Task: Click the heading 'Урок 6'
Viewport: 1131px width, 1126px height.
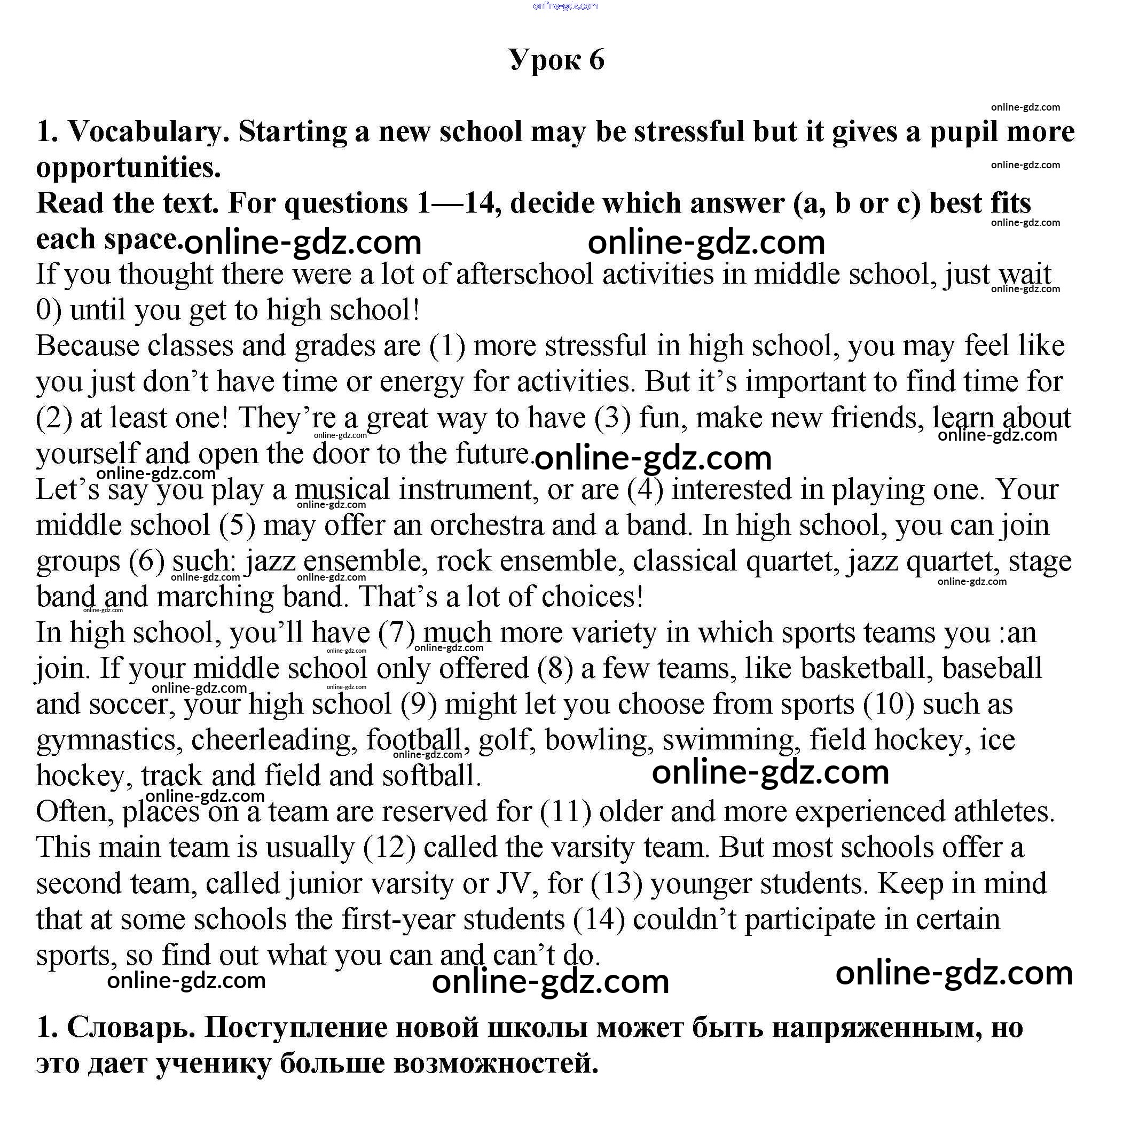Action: [556, 60]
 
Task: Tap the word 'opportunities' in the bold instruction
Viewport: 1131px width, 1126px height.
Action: [128, 168]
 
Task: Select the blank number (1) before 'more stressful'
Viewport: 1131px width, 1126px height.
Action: [447, 346]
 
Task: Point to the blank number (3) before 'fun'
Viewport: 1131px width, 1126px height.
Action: [613, 418]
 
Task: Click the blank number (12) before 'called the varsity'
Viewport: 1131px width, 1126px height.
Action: [389, 847]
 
